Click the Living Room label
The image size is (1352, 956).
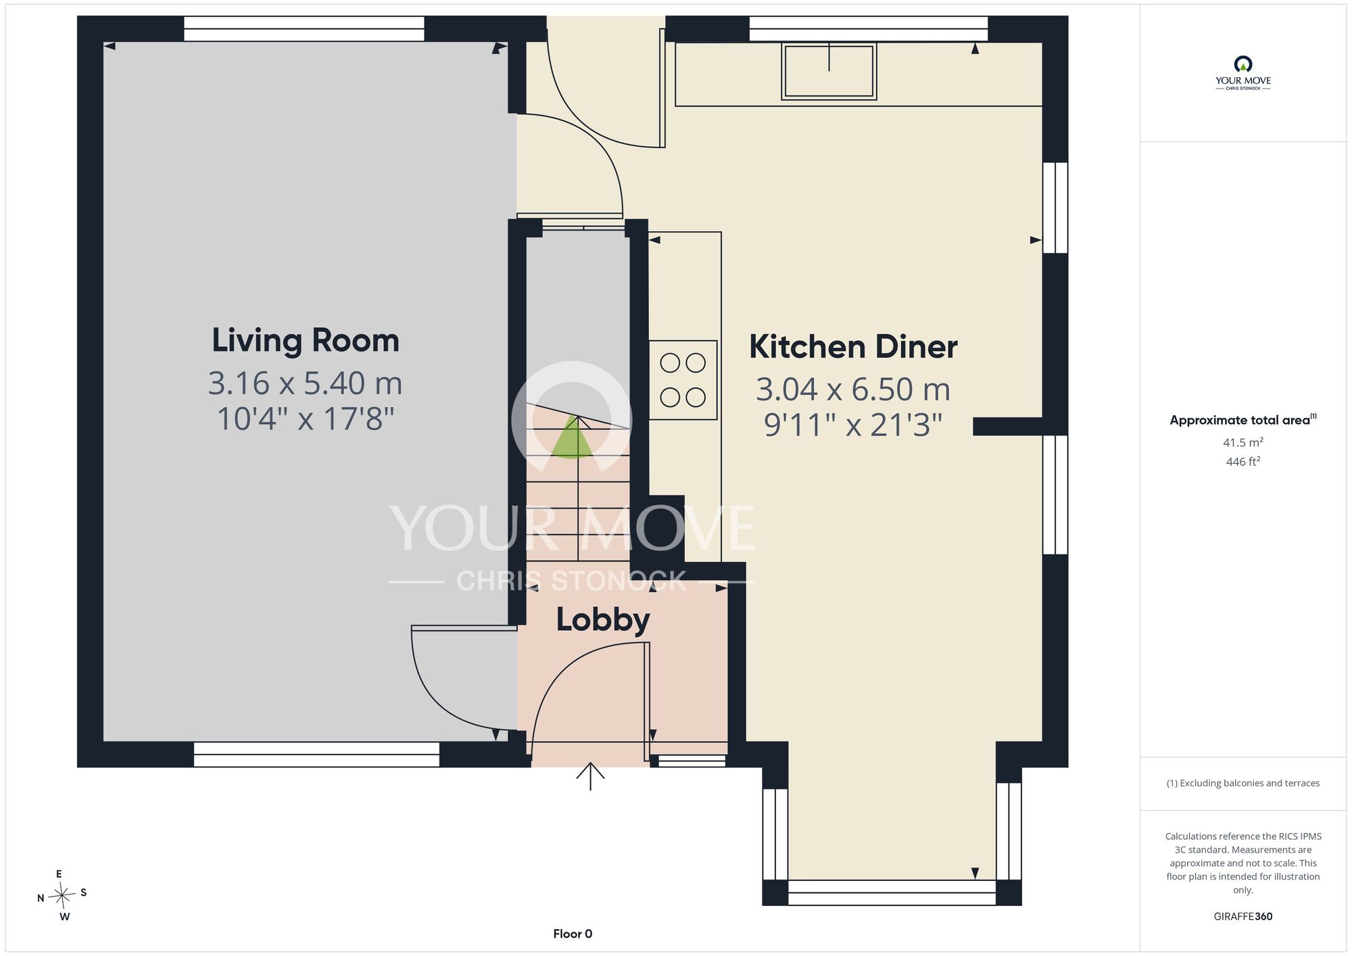pyautogui.click(x=306, y=340)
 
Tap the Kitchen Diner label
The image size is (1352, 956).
pyautogui.click(x=853, y=347)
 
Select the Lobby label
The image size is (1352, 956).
pyautogui.click(x=603, y=620)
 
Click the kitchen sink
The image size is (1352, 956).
pyautogui.click(x=829, y=71)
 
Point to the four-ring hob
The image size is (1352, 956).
pyautogui.click(x=683, y=380)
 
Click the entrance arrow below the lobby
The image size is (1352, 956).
pyautogui.click(x=590, y=776)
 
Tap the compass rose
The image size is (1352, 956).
pyautogui.click(x=62, y=896)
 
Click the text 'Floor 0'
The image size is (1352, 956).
pyautogui.click(x=573, y=934)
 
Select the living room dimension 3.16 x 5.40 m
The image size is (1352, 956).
pyautogui.click(x=306, y=383)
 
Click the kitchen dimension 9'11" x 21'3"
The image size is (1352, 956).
pyautogui.click(x=853, y=425)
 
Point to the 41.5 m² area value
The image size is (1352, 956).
pyautogui.click(x=1243, y=442)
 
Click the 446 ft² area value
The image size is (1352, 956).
pyautogui.click(x=1243, y=462)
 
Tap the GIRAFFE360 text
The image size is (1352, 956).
pyautogui.click(x=1243, y=917)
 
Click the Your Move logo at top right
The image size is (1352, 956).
pyautogui.click(x=1243, y=73)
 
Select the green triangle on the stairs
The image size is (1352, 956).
pyautogui.click(x=573, y=438)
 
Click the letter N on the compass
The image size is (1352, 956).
pyautogui.click(x=41, y=898)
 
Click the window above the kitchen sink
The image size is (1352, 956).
pyautogui.click(x=869, y=29)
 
